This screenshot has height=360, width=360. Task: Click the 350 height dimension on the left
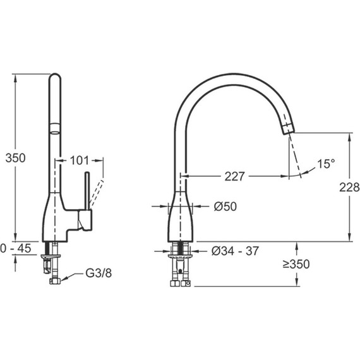(x=15, y=158)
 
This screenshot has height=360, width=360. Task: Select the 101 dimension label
(x=79, y=160)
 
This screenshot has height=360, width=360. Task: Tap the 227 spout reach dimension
(x=235, y=176)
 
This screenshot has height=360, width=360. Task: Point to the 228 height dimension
(x=349, y=188)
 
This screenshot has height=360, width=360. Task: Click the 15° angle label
(x=326, y=164)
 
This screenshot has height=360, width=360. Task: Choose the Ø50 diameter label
(x=225, y=207)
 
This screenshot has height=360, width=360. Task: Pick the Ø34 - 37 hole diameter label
(x=235, y=251)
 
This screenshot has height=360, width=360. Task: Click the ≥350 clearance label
(x=296, y=264)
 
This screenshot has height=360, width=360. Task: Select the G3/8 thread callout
(x=99, y=273)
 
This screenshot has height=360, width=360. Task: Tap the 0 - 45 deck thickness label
(x=16, y=248)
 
